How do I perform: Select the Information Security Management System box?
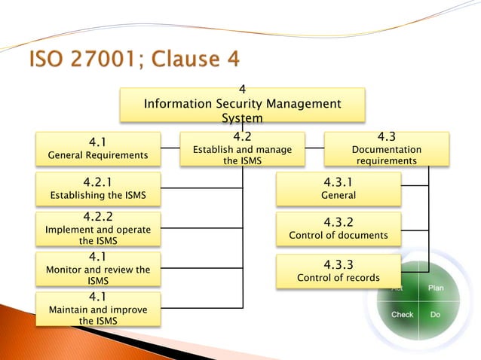[242, 105]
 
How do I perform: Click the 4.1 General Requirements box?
[98, 148]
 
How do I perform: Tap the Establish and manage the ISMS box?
[242, 148]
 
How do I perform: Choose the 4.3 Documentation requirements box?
[386, 148]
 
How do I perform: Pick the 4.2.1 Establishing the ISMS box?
[98, 188]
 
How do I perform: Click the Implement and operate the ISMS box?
[98, 229]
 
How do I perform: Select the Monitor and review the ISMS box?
[98, 269]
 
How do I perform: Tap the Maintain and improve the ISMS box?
[98, 309]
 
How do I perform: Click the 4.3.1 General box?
[339, 188]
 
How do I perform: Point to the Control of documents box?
[339, 229]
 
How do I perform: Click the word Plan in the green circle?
[436, 288]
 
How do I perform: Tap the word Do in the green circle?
[435, 314]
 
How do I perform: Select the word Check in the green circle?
[402, 314]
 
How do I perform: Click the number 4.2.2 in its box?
[98, 217]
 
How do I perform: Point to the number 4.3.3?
[339, 264]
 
